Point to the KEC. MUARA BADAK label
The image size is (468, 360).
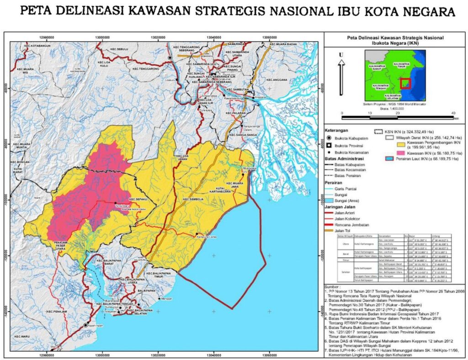point(283,44)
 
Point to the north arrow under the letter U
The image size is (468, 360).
point(340,78)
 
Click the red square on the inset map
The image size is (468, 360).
point(405,84)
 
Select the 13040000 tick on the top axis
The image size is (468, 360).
point(214,37)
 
